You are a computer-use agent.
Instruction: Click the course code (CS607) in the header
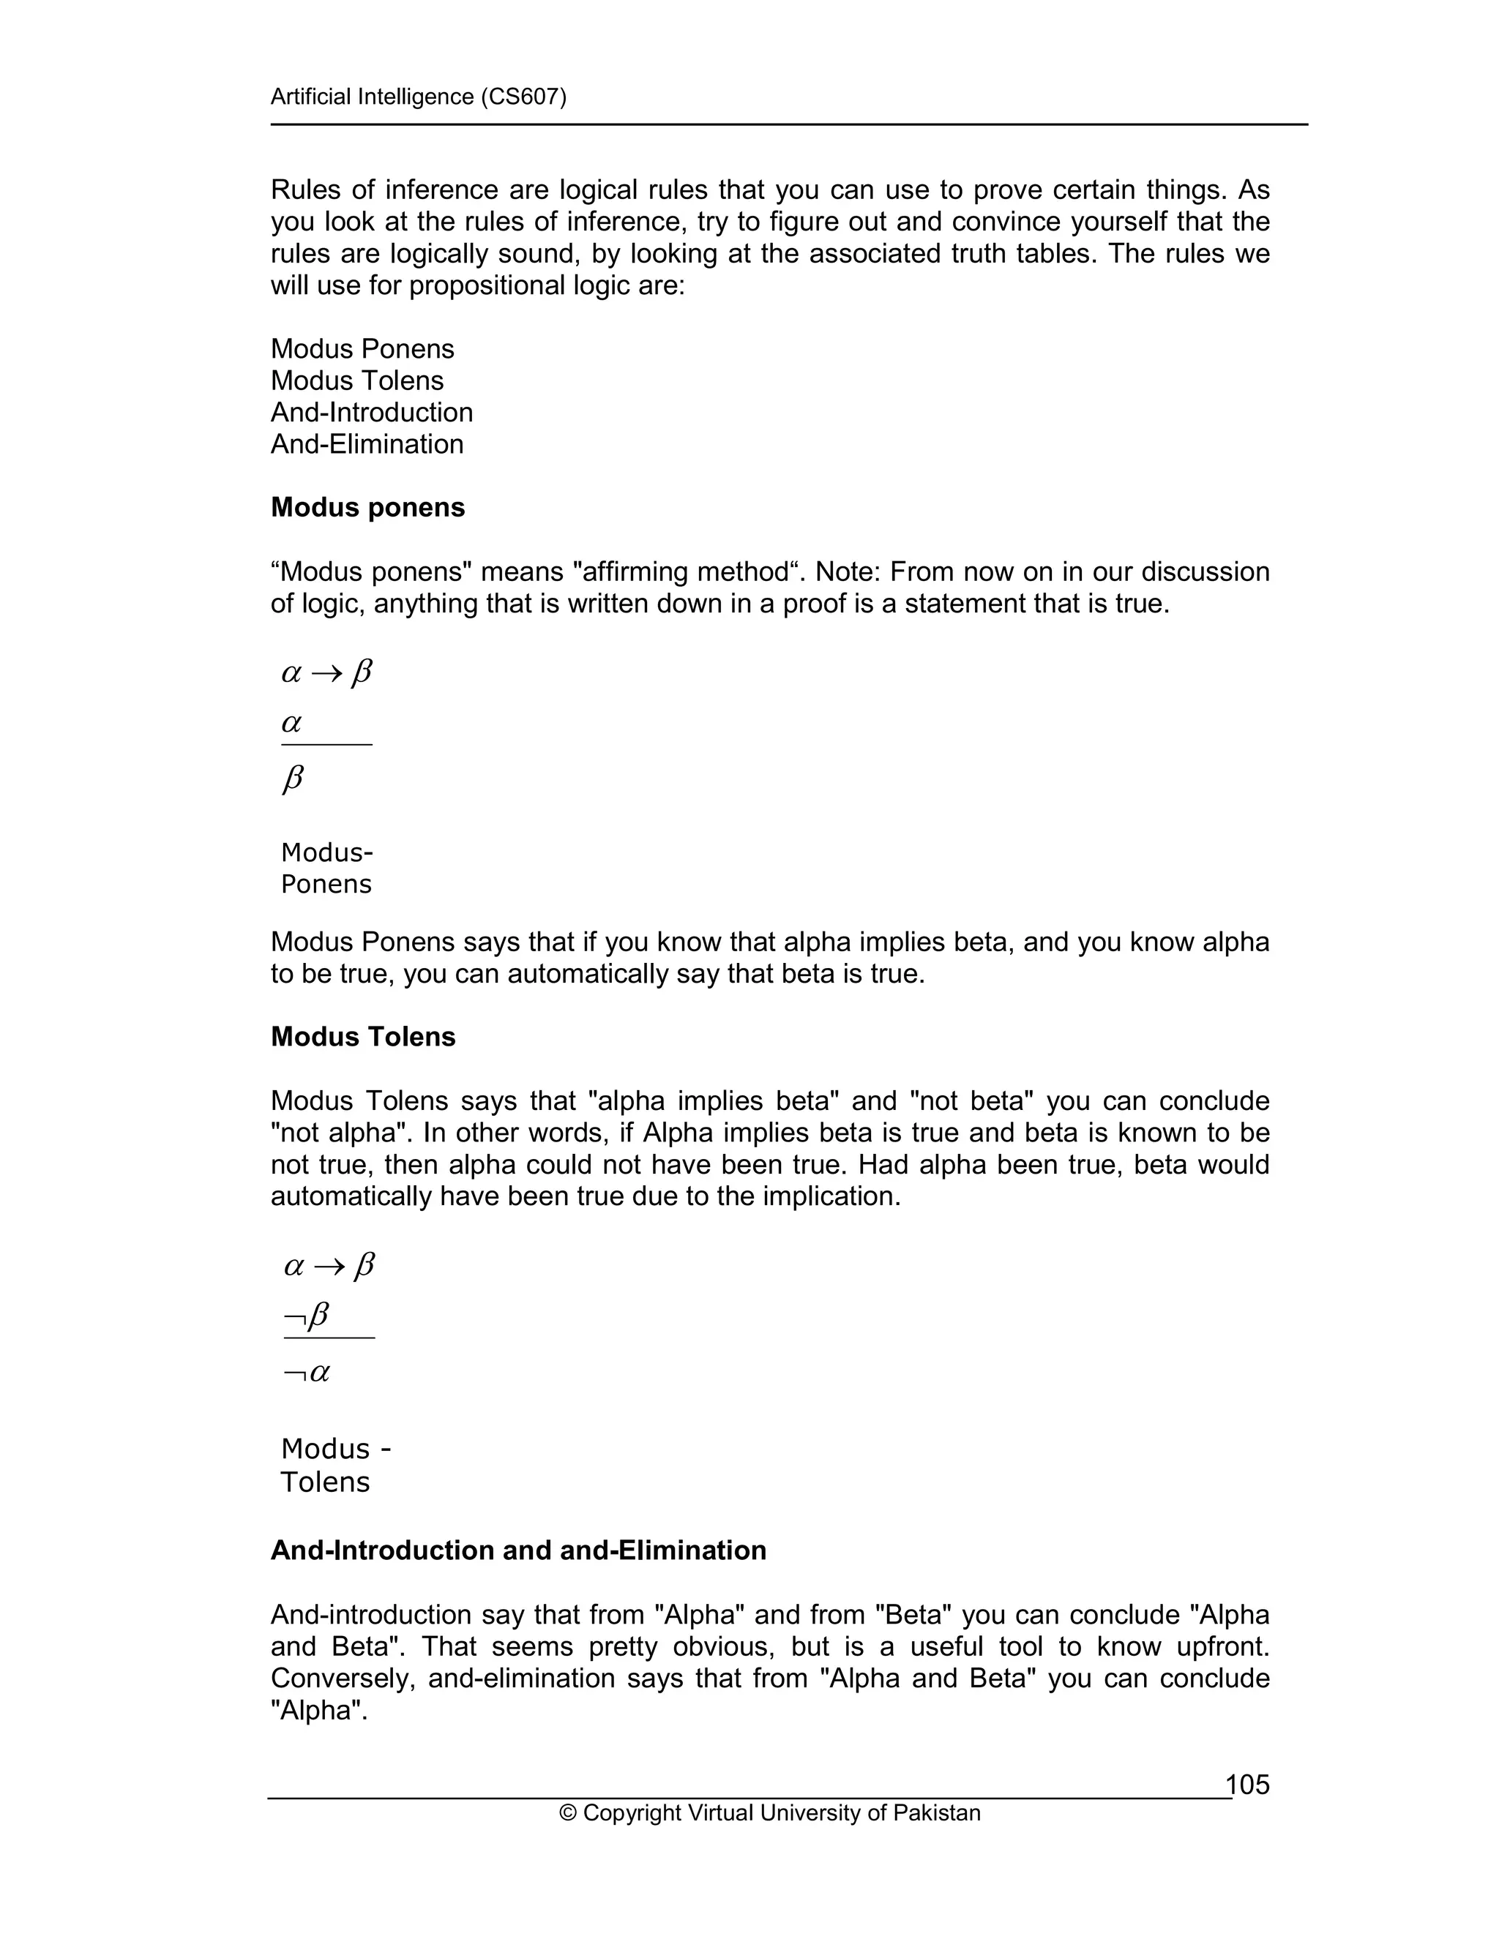[x=523, y=97]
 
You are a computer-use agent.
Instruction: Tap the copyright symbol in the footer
[x=567, y=1813]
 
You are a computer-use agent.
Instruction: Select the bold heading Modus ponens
[x=367, y=508]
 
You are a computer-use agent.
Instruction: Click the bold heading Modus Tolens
[x=362, y=1037]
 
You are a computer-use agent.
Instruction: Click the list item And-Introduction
[x=371, y=412]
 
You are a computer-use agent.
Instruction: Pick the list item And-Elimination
[x=367, y=444]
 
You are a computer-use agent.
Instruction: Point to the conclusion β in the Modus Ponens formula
[x=292, y=779]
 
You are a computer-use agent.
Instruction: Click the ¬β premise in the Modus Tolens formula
[x=307, y=1315]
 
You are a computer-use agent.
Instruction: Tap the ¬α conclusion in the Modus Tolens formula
[x=307, y=1373]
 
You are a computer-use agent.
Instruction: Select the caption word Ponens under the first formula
[x=326, y=885]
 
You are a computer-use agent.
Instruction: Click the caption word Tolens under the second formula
[x=325, y=1482]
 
